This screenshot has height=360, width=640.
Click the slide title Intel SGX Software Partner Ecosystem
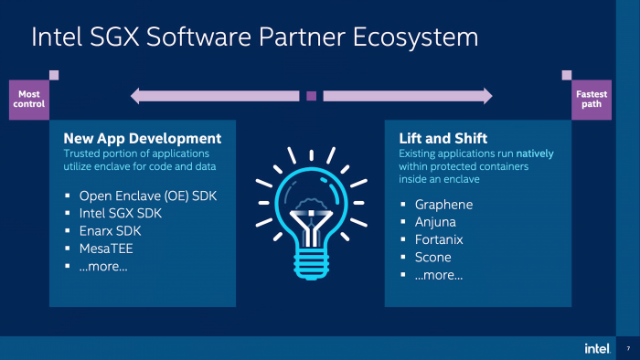point(254,37)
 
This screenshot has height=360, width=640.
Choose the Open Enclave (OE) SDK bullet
point(145,196)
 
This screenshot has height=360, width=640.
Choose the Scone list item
point(433,258)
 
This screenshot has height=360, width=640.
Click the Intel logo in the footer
point(597,348)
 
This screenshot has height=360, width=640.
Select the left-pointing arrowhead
point(137,95)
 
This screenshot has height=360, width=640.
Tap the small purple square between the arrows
point(312,95)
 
